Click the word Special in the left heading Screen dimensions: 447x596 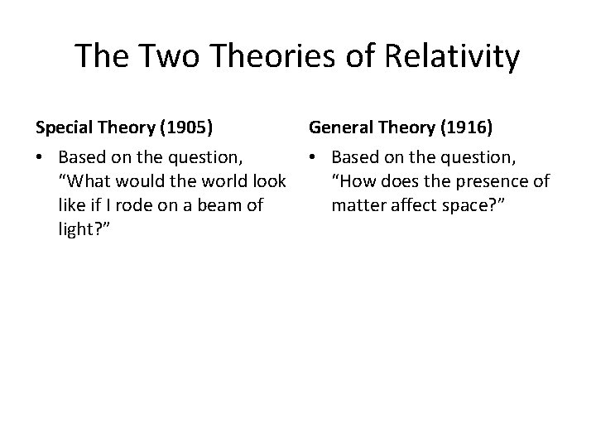click(x=64, y=127)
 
